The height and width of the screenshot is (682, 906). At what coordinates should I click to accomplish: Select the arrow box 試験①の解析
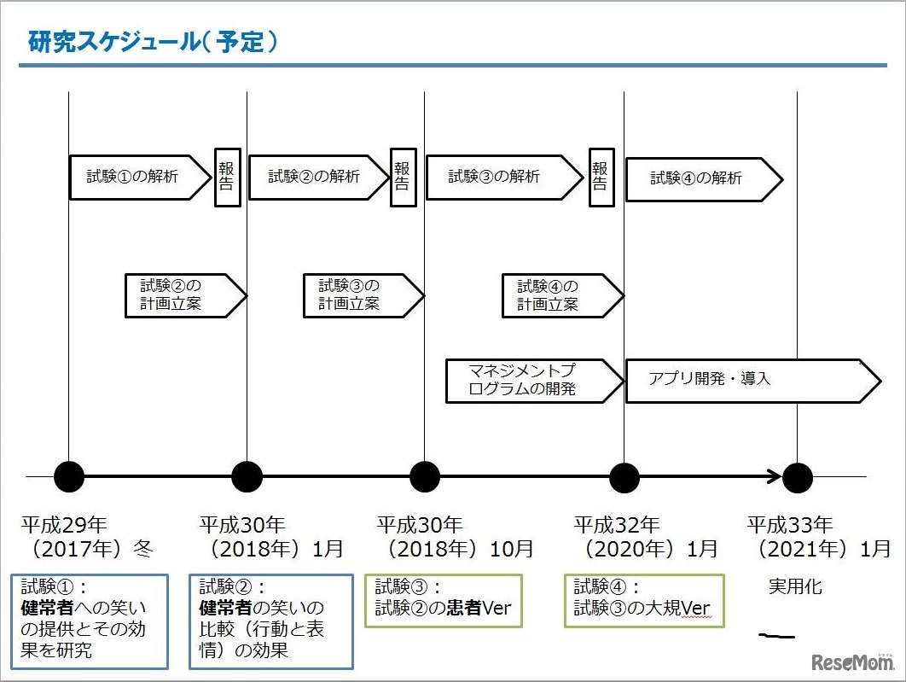(136, 178)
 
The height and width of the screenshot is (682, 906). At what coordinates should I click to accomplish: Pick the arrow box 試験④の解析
(700, 178)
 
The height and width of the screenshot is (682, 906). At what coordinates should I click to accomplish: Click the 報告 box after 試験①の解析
(227, 177)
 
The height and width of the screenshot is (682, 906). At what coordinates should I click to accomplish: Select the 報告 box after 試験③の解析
(601, 177)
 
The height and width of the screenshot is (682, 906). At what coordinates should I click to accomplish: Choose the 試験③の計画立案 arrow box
(358, 295)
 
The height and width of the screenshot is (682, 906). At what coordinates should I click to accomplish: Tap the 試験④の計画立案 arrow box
(558, 295)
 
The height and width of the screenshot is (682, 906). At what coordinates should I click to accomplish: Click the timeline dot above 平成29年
(69, 476)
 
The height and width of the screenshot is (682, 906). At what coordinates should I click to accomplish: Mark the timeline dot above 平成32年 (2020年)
(624, 476)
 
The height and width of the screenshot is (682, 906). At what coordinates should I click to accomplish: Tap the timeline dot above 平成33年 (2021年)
(797, 476)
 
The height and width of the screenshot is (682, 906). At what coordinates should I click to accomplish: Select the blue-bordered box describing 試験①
(90, 620)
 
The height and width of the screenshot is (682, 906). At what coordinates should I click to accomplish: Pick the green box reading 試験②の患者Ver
(444, 600)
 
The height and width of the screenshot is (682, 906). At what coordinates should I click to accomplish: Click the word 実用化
(795, 587)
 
